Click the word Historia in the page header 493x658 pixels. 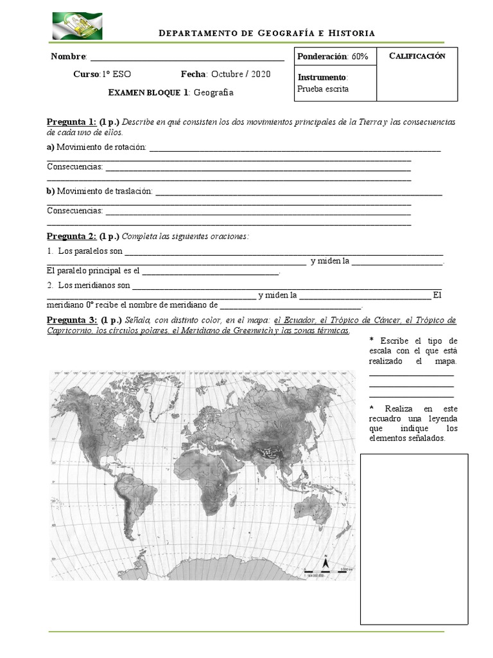[x=352, y=33]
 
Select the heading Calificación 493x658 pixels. [x=417, y=56]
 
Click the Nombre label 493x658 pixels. [x=68, y=57]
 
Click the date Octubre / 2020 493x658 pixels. [x=240, y=74]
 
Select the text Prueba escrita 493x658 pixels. [x=324, y=89]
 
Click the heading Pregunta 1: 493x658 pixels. [x=71, y=122]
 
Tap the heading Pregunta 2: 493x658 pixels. [x=71, y=236]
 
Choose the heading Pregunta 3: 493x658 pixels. [x=71, y=320]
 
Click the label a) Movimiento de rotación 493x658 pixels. [x=96, y=148]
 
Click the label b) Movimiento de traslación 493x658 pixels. [x=100, y=191]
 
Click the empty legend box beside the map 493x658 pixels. [x=413, y=538]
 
